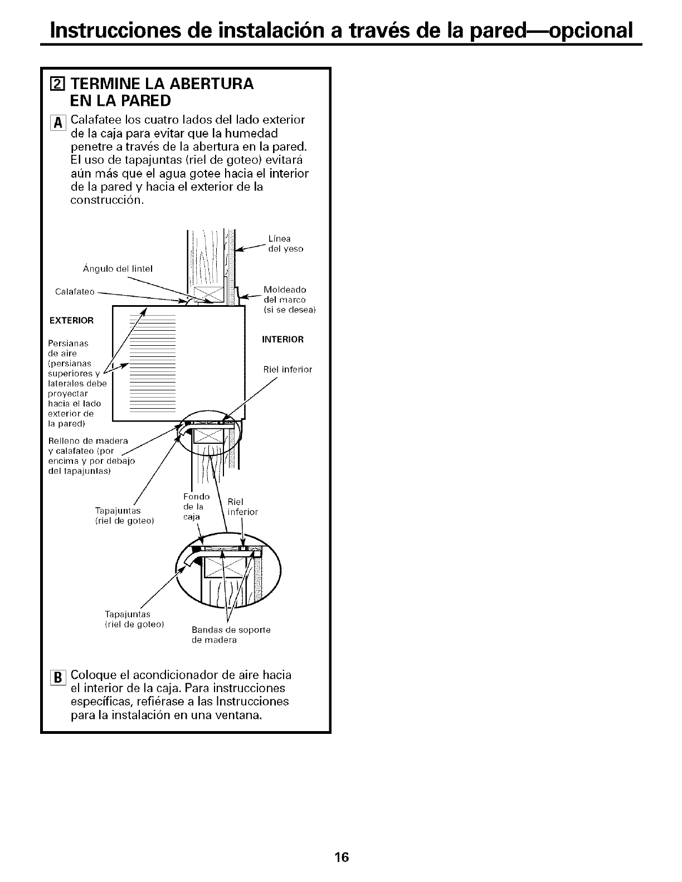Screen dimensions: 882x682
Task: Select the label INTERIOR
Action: pos(283,339)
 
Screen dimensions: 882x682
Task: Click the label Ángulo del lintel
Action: pos(118,268)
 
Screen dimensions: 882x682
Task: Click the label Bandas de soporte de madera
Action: pos(231,635)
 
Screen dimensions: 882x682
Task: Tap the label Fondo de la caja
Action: pos(196,506)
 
